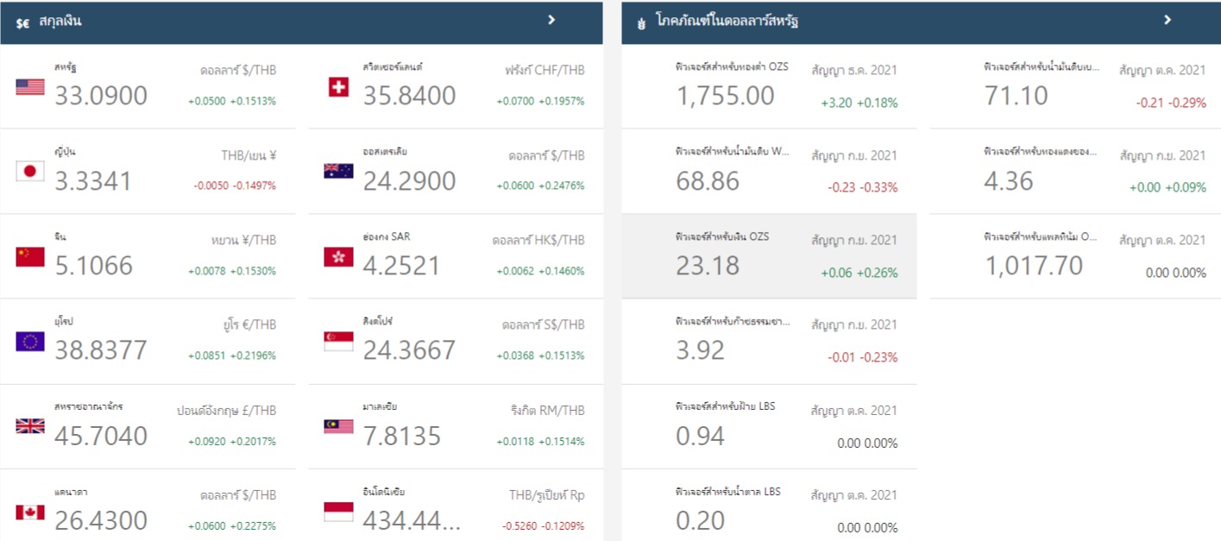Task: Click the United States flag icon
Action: pyautogui.click(x=30, y=86)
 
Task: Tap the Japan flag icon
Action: pyautogui.click(x=30, y=171)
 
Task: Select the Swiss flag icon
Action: pyautogui.click(x=338, y=86)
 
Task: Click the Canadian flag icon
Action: pyautogui.click(x=30, y=513)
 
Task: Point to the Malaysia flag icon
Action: pyautogui.click(x=338, y=426)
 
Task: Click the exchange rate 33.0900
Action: pyautogui.click(x=101, y=96)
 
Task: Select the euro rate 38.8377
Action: pyautogui.click(x=101, y=350)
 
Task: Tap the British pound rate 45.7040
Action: pyautogui.click(x=101, y=436)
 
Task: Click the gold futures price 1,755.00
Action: pyautogui.click(x=725, y=96)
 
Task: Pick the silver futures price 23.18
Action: pyautogui.click(x=708, y=266)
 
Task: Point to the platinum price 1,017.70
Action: pyautogui.click(x=1034, y=266)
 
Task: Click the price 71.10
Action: pyautogui.click(x=1016, y=96)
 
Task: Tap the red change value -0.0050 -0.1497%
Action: pyautogui.click(x=233, y=186)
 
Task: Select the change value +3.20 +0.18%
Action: pyautogui.click(x=859, y=103)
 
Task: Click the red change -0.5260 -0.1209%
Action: pyautogui.click(x=543, y=525)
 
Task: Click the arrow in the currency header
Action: pyautogui.click(x=551, y=20)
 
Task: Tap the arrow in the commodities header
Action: pyautogui.click(x=1168, y=20)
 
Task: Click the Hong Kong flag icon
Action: pyautogui.click(x=338, y=256)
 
